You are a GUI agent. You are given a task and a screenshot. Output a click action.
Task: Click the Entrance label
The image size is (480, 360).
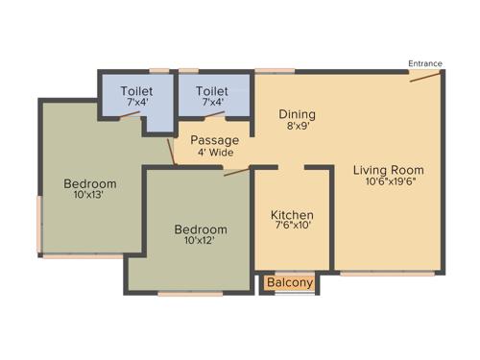425,63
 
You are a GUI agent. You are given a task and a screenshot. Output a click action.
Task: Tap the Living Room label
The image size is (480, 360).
390,168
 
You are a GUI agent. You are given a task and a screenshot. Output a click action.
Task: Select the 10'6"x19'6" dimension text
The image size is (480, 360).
390,180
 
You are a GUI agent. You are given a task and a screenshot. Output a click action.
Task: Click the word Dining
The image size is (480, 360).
297,114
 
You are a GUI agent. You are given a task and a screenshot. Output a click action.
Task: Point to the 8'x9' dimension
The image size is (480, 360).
297,126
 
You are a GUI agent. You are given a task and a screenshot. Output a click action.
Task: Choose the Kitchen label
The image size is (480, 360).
292,213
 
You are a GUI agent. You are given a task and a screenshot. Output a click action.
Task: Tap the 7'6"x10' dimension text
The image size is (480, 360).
292,226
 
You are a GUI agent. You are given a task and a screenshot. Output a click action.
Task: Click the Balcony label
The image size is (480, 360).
289,283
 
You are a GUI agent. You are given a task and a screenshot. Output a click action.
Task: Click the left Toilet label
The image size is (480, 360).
135,91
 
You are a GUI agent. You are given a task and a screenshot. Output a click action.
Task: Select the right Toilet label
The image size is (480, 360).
211,91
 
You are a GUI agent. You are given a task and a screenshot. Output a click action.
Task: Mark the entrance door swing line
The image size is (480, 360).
424,76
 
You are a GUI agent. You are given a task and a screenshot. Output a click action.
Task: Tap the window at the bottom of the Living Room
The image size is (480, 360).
373,274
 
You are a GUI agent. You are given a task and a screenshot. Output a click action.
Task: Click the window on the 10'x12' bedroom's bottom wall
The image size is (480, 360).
190,294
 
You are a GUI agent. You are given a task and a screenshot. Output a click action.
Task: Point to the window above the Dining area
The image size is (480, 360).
275,70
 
